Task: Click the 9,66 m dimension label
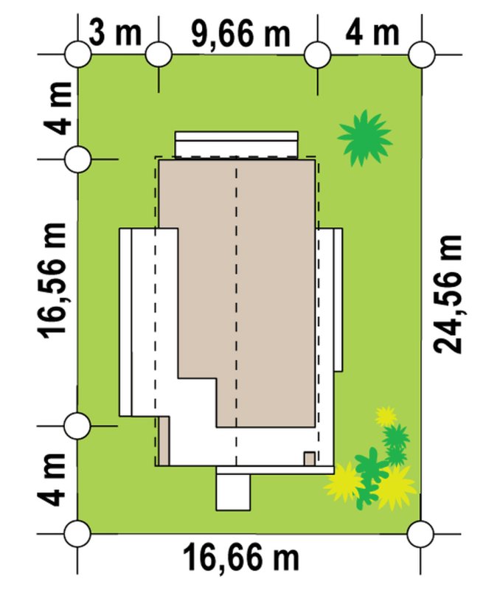click(241, 35)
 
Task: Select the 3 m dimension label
click(116, 33)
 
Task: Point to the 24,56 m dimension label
click(448, 294)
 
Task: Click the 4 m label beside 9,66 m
click(372, 33)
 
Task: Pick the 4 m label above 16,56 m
click(58, 108)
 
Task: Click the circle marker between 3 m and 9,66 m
click(159, 55)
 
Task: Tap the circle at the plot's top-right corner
click(422, 55)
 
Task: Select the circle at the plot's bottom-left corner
click(77, 533)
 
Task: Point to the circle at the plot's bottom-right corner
click(421, 533)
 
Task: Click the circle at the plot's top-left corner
click(78, 55)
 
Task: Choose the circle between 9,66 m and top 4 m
click(318, 55)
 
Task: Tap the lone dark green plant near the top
click(364, 138)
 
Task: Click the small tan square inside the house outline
click(310, 459)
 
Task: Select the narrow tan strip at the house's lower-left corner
click(164, 440)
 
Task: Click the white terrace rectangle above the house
click(237, 144)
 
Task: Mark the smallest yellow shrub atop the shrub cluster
click(386, 417)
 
